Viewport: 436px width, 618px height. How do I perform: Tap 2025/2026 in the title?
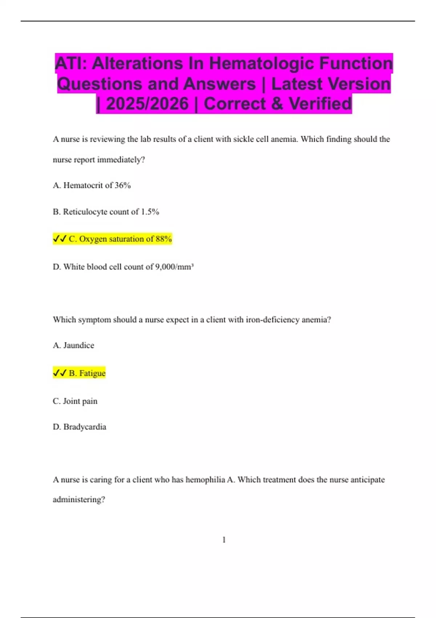tap(147, 104)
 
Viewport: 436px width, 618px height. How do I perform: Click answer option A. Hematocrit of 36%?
tap(92, 185)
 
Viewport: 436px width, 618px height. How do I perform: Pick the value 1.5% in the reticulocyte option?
tap(150, 212)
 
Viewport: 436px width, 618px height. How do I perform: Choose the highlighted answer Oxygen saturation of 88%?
tap(120, 239)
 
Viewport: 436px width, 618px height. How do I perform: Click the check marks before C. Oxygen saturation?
tap(60, 239)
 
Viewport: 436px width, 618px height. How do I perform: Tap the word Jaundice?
tap(78, 345)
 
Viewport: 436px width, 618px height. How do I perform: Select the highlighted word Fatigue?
tap(92, 373)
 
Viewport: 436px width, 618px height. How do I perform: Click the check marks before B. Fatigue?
tap(60, 373)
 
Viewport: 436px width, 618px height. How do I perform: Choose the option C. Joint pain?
tap(75, 401)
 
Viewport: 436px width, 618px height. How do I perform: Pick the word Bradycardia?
tap(85, 427)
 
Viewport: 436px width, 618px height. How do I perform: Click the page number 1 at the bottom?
tap(224, 540)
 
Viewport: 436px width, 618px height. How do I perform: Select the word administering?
tap(79, 499)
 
